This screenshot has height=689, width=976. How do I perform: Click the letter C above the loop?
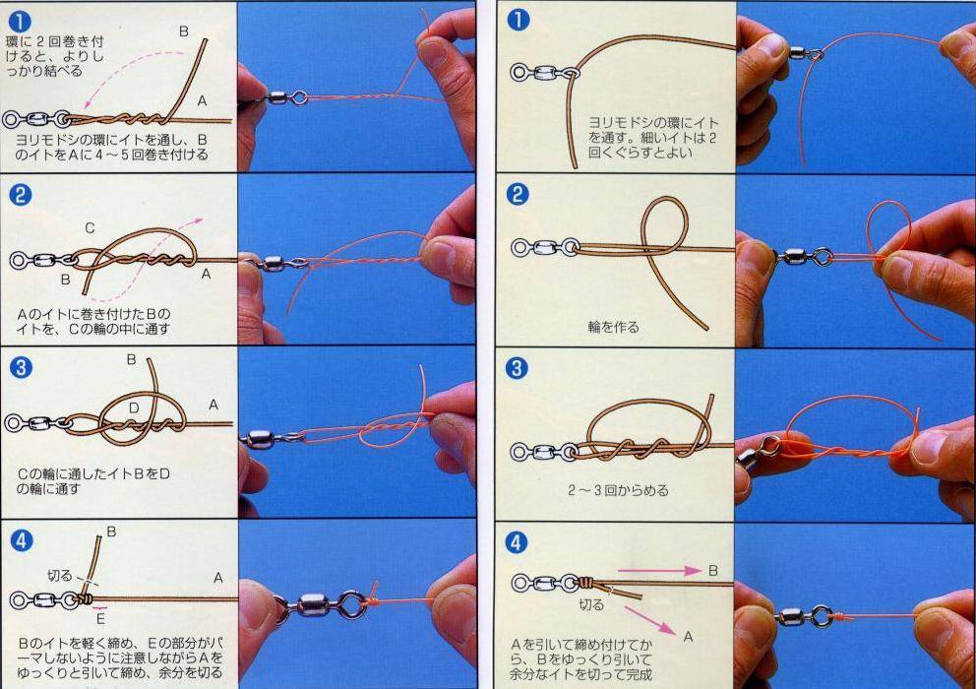pyautogui.click(x=90, y=228)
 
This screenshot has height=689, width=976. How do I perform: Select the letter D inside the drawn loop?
pyautogui.click(x=134, y=408)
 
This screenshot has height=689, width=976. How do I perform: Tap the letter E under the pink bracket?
pyautogui.click(x=100, y=619)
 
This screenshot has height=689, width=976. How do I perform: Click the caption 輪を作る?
pyautogui.click(x=613, y=327)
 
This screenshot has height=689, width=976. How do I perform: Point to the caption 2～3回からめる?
pyautogui.click(x=618, y=490)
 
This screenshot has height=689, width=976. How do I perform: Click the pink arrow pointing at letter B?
pyautogui.click(x=660, y=570)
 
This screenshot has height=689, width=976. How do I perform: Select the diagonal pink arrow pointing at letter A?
pyautogui.click(x=650, y=621)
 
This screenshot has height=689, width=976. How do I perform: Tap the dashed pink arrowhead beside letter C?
pyautogui.click(x=198, y=220)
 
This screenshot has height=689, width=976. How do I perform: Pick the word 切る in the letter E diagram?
pyautogui.click(x=60, y=576)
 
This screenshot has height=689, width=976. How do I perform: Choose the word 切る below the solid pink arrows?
pyautogui.click(x=591, y=604)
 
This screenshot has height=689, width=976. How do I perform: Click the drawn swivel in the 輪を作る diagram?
pyautogui.click(x=545, y=247)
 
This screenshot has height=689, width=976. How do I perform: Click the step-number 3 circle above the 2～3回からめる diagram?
pyautogui.click(x=516, y=367)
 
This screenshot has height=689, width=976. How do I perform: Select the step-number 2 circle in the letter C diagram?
pyautogui.click(x=20, y=196)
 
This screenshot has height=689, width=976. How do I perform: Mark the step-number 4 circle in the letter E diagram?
pyautogui.click(x=22, y=540)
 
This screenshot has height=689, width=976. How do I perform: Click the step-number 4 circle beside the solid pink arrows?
pyautogui.click(x=516, y=542)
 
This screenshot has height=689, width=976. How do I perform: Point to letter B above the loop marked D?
pyautogui.click(x=131, y=359)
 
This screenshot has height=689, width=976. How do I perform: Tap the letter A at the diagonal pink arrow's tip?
pyautogui.click(x=688, y=637)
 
